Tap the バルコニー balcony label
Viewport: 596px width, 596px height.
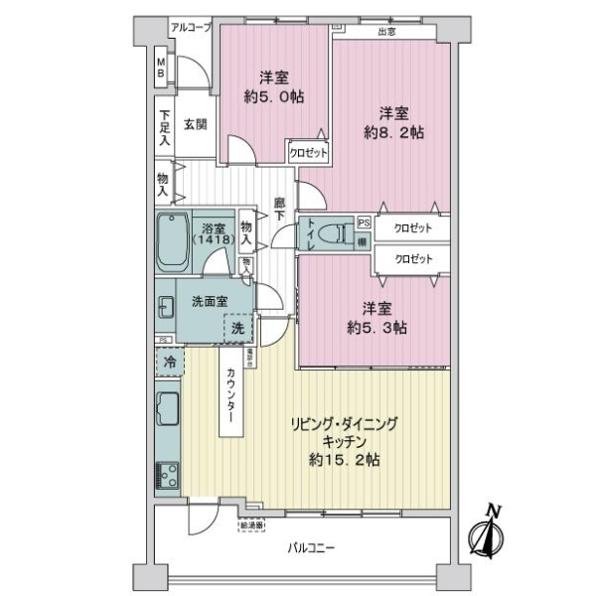312,547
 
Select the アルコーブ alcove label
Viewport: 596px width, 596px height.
191,27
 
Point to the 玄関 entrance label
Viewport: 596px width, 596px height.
195,124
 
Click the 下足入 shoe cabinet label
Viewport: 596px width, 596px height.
164,126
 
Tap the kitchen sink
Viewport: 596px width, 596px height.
166,407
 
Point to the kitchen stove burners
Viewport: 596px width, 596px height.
166,476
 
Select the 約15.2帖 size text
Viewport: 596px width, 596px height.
344,460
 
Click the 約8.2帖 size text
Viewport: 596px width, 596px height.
394,132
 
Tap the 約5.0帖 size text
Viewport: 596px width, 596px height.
275,96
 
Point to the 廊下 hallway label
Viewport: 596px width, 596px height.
281,209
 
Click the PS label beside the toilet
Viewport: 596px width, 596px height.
364,223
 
